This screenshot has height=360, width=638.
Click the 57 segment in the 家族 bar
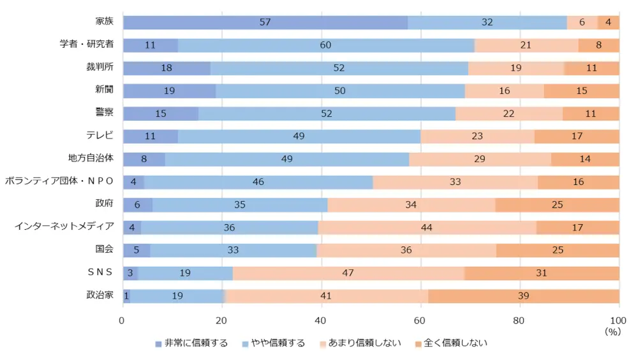[265, 22]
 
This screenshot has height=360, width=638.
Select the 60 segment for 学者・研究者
[325, 45]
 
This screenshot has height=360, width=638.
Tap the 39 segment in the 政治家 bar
[523, 296]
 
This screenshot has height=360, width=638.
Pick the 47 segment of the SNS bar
[348, 273]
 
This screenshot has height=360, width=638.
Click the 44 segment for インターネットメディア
[427, 228]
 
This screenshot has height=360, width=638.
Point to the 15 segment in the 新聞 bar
[581, 91]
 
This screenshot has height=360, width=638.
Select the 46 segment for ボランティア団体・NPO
[258, 182]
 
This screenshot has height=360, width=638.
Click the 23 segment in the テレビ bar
[477, 137]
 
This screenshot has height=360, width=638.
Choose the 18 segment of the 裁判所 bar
[167, 68]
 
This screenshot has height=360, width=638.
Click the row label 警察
[104, 112]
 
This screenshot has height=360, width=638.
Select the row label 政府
[104, 204]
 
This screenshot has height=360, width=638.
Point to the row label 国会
[104, 249]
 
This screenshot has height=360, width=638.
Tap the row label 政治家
[100, 295]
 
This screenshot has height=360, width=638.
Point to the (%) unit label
[612, 332]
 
